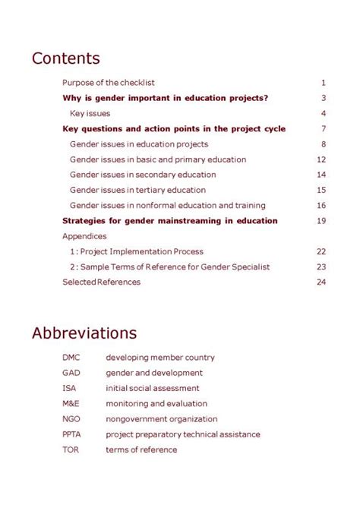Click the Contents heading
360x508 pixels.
point(65,58)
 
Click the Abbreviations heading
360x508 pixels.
point(84,333)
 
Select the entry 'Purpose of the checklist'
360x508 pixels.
point(109,83)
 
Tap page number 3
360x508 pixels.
point(323,98)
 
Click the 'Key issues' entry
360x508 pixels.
point(90,113)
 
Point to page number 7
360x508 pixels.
point(323,129)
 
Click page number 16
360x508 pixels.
point(321,206)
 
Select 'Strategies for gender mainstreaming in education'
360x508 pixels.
point(169,221)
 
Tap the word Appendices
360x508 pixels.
point(84,236)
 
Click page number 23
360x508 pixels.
point(321,267)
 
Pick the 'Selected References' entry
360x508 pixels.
point(101,282)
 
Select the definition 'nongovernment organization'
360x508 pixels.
point(161,419)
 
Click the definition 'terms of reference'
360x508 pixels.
point(141,450)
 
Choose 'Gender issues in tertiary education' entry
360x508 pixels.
point(137,190)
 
